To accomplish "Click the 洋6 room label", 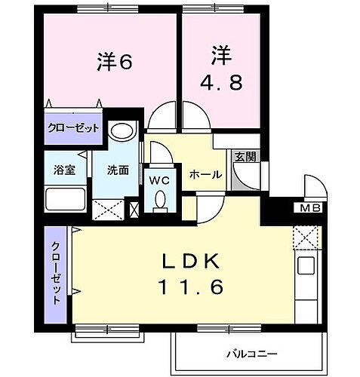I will click(x=114, y=62).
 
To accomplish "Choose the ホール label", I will click(x=205, y=175).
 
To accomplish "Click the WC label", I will click(x=158, y=180).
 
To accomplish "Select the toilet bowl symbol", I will click(x=159, y=200).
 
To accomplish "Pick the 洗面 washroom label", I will click(x=118, y=170).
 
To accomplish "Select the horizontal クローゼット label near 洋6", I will click(x=73, y=127).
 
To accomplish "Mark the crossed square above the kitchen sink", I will click(x=306, y=239).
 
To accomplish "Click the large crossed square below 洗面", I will click(x=108, y=208).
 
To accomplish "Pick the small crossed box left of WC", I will click(x=135, y=209).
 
